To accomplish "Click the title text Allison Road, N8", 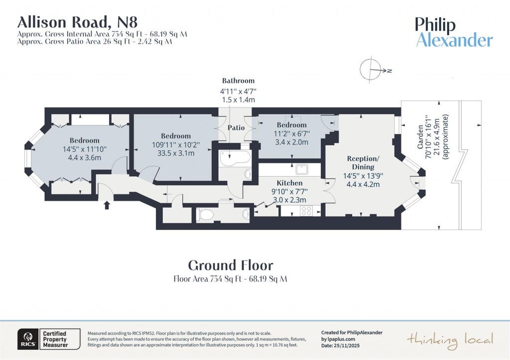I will pyautogui.click(x=77, y=22).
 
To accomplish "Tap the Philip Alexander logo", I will pyautogui.click(x=454, y=32).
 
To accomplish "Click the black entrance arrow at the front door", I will pyautogui.click(x=107, y=204).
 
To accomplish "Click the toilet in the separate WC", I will pyautogui.click(x=206, y=214).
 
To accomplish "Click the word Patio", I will pyautogui.click(x=236, y=128).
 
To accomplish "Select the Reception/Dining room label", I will pyautogui.click(x=363, y=162).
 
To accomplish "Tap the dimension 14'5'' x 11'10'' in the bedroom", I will pyautogui.click(x=84, y=149).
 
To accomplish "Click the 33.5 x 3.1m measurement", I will pyautogui.click(x=176, y=153).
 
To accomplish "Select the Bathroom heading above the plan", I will pyautogui.click(x=238, y=81).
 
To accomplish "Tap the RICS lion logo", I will pyautogui.click(x=26, y=339).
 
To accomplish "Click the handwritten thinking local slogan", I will pyautogui.click(x=450, y=340).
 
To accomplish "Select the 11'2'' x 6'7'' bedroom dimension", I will pyautogui.click(x=291, y=133).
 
